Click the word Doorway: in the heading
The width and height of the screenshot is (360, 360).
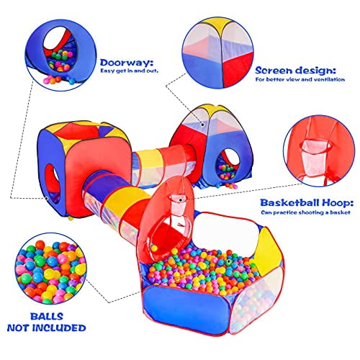pos(127,63)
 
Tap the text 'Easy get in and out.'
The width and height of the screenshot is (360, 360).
pos(130,71)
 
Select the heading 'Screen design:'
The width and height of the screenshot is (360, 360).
pos(295,71)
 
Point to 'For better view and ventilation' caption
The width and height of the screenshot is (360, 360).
pos(300,79)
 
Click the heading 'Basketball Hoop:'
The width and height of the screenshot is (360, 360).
pos(307,203)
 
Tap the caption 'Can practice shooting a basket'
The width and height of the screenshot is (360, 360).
pos(305,212)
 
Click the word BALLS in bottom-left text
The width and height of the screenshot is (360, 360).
pos(47,317)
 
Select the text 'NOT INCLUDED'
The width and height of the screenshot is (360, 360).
pos(47,328)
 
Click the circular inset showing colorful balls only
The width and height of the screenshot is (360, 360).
pos(50,269)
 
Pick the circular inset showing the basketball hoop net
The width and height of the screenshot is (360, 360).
pos(319,150)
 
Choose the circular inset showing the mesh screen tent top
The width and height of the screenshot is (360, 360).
pos(218,53)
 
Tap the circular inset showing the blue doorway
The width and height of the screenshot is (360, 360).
pos(60,55)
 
